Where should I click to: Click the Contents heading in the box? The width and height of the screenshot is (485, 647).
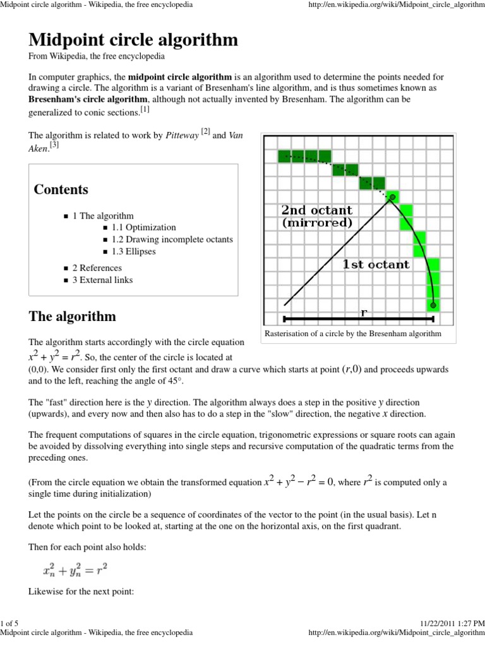point(61,190)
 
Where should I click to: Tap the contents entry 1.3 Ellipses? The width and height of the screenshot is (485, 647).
point(134,251)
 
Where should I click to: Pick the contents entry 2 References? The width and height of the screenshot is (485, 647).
point(97,268)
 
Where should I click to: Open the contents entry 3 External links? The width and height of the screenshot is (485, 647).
point(102,280)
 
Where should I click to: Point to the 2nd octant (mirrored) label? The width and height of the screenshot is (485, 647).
point(316,216)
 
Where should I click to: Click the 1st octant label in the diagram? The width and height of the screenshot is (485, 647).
point(376,265)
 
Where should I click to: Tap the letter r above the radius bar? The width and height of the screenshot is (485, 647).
point(364,311)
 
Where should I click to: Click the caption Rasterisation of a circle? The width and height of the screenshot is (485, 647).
point(352,334)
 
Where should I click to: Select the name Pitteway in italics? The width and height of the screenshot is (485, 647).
point(182,135)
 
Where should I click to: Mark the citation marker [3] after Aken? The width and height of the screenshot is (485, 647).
point(54,145)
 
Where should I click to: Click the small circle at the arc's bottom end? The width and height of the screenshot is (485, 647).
point(433,306)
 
